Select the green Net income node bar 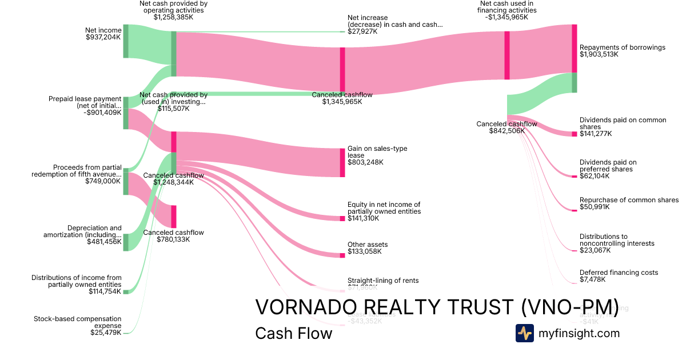[126, 41]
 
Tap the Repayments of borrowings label [622, 47]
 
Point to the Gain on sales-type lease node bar [342, 162]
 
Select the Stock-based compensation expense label [78, 322]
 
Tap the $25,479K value [105, 333]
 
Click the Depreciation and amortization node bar [126, 242]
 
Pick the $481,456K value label [104, 242]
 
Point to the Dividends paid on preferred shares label [608, 166]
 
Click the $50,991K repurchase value [595, 207]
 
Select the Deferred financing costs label [619, 273]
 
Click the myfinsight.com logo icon [524, 333]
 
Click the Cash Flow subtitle [293, 333]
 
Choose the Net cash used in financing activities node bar [506, 55]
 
